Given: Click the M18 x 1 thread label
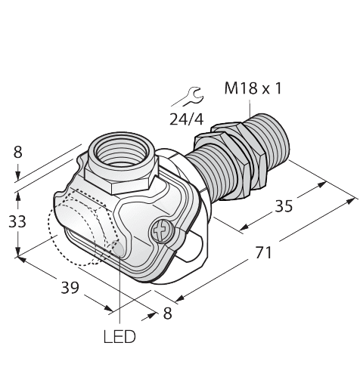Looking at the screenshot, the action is pos(253,88).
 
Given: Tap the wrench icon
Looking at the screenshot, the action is pos(191,96).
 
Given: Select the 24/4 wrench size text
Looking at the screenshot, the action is pos(186,119).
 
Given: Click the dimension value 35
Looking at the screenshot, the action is pos(284,205).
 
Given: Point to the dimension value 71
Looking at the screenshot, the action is pos(264,252).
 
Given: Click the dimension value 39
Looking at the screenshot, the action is pos(70,287).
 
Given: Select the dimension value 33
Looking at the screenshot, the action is pos(17,222).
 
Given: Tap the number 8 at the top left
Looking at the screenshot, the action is pos(18,153).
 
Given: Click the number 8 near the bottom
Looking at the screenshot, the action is pos(167,313).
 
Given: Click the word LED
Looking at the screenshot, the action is pos(119,336).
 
